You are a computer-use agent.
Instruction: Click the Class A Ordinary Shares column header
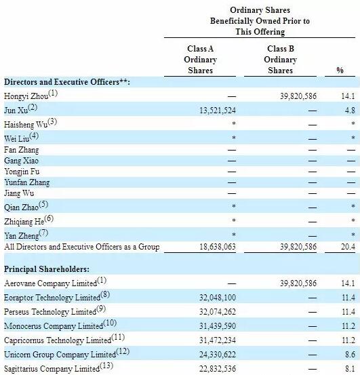[201, 60]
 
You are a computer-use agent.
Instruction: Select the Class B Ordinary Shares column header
[281, 60]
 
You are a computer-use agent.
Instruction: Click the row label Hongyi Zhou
[27, 96]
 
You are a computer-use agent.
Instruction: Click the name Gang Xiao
[22, 160]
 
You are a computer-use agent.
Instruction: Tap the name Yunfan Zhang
[27, 182]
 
